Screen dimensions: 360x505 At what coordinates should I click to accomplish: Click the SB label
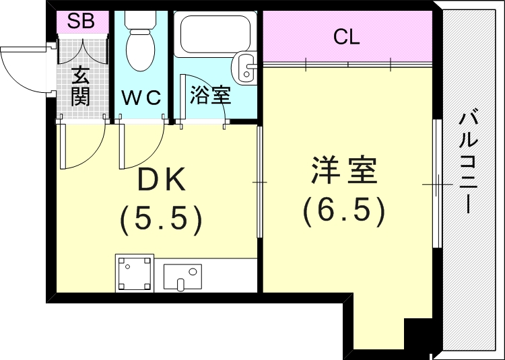81,21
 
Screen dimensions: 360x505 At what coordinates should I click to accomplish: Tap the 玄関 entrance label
81,85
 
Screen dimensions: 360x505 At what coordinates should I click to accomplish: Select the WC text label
142,98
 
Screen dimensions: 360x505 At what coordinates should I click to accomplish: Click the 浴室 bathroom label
210,96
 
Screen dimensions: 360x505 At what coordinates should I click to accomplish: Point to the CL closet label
346,38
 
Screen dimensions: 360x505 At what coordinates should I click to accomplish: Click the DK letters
161,180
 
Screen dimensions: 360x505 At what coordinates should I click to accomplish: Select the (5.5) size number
161,218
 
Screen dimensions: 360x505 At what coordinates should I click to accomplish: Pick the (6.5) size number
343,211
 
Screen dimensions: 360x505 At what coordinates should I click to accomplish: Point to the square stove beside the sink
135,273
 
